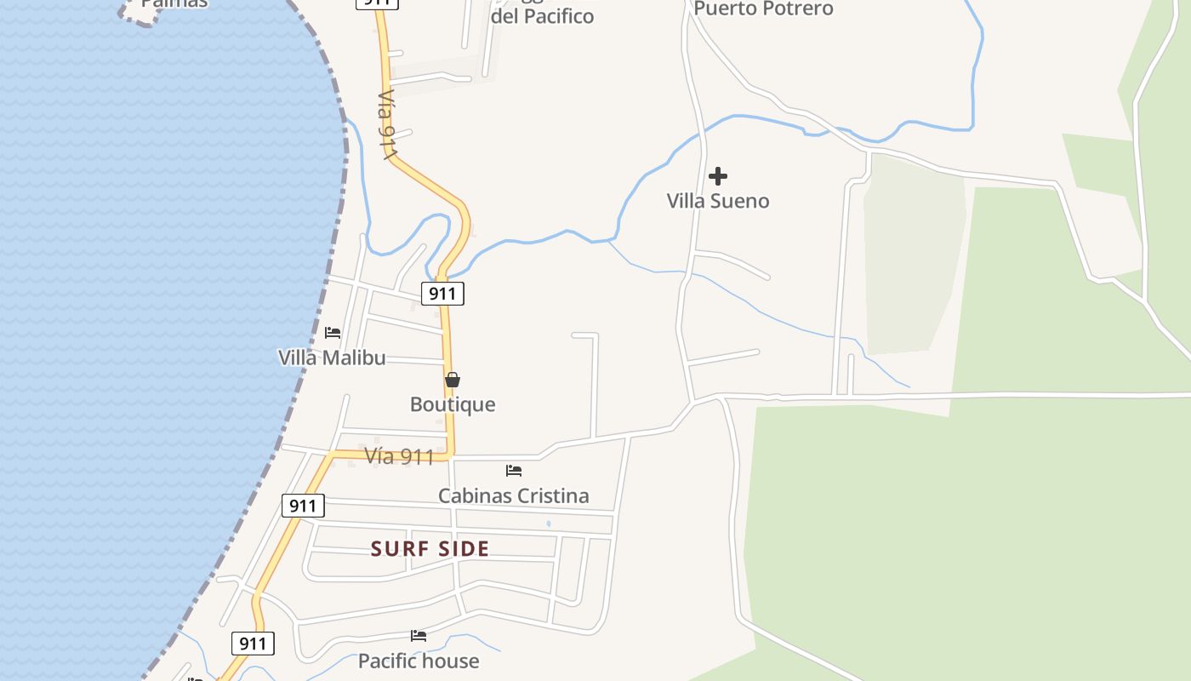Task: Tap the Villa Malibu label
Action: pos(332,358)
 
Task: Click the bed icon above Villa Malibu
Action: pos(333,332)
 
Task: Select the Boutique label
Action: pos(453,404)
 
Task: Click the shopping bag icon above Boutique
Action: pos(453,380)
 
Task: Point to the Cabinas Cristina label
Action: pos(513,495)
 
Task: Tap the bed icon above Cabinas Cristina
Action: pos(514,470)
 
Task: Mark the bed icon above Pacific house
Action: pos(419,635)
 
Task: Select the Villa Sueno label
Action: pos(718,201)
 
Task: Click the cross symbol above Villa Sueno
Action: pos(718,176)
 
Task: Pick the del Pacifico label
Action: pos(543,16)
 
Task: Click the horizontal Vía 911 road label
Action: pos(400,456)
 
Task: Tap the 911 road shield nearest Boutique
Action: pos(442,294)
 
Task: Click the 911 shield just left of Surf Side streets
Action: pos(303,506)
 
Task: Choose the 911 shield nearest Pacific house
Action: pos(253,643)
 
